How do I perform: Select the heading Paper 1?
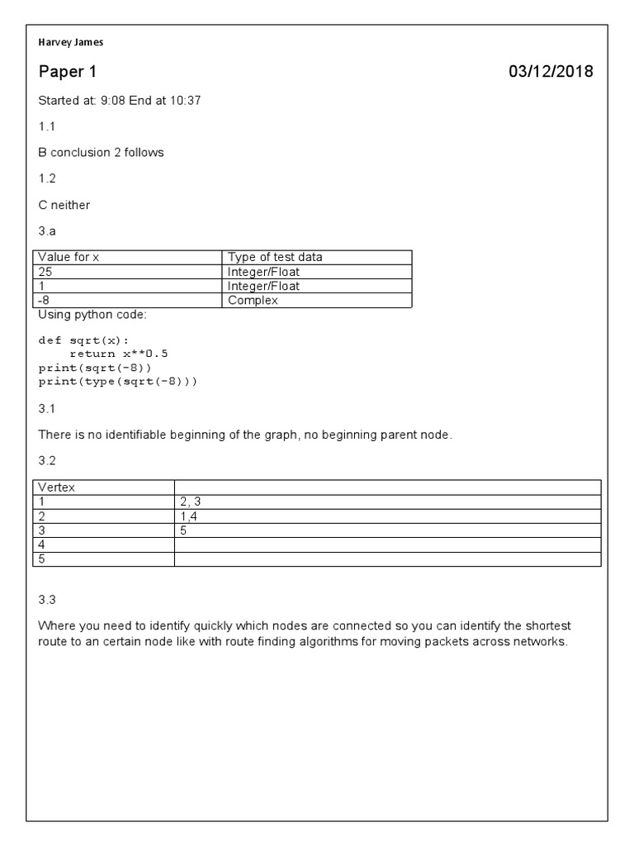click(x=62, y=72)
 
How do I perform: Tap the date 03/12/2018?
click(x=551, y=72)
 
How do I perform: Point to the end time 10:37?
click(x=186, y=101)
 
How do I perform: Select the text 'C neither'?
click(x=64, y=204)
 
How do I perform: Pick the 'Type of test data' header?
click(x=275, y=257)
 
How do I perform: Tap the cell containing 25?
click(x=45, y=271)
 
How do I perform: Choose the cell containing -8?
click(x=45, y=301)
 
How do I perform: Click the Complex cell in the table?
click(x=253, y=301)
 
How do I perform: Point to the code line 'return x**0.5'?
click(x=119, y=354)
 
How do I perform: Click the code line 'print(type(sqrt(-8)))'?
click(x=118, y=382)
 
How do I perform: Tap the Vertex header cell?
click(x=57, y=487)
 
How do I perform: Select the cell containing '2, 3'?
click(x=191, y=501)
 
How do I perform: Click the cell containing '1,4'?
click(x=189, y=516)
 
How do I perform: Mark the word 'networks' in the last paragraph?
click(x=542, y=642)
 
